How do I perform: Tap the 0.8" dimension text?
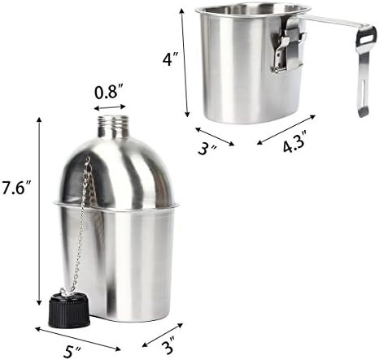coord(111,91)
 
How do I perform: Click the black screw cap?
coord(68,310)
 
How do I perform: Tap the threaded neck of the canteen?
coord(113,127)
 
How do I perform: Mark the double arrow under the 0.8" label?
coord(111,106)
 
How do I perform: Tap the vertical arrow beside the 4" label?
coord(186,60)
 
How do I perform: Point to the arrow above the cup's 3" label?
coord(215,135)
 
